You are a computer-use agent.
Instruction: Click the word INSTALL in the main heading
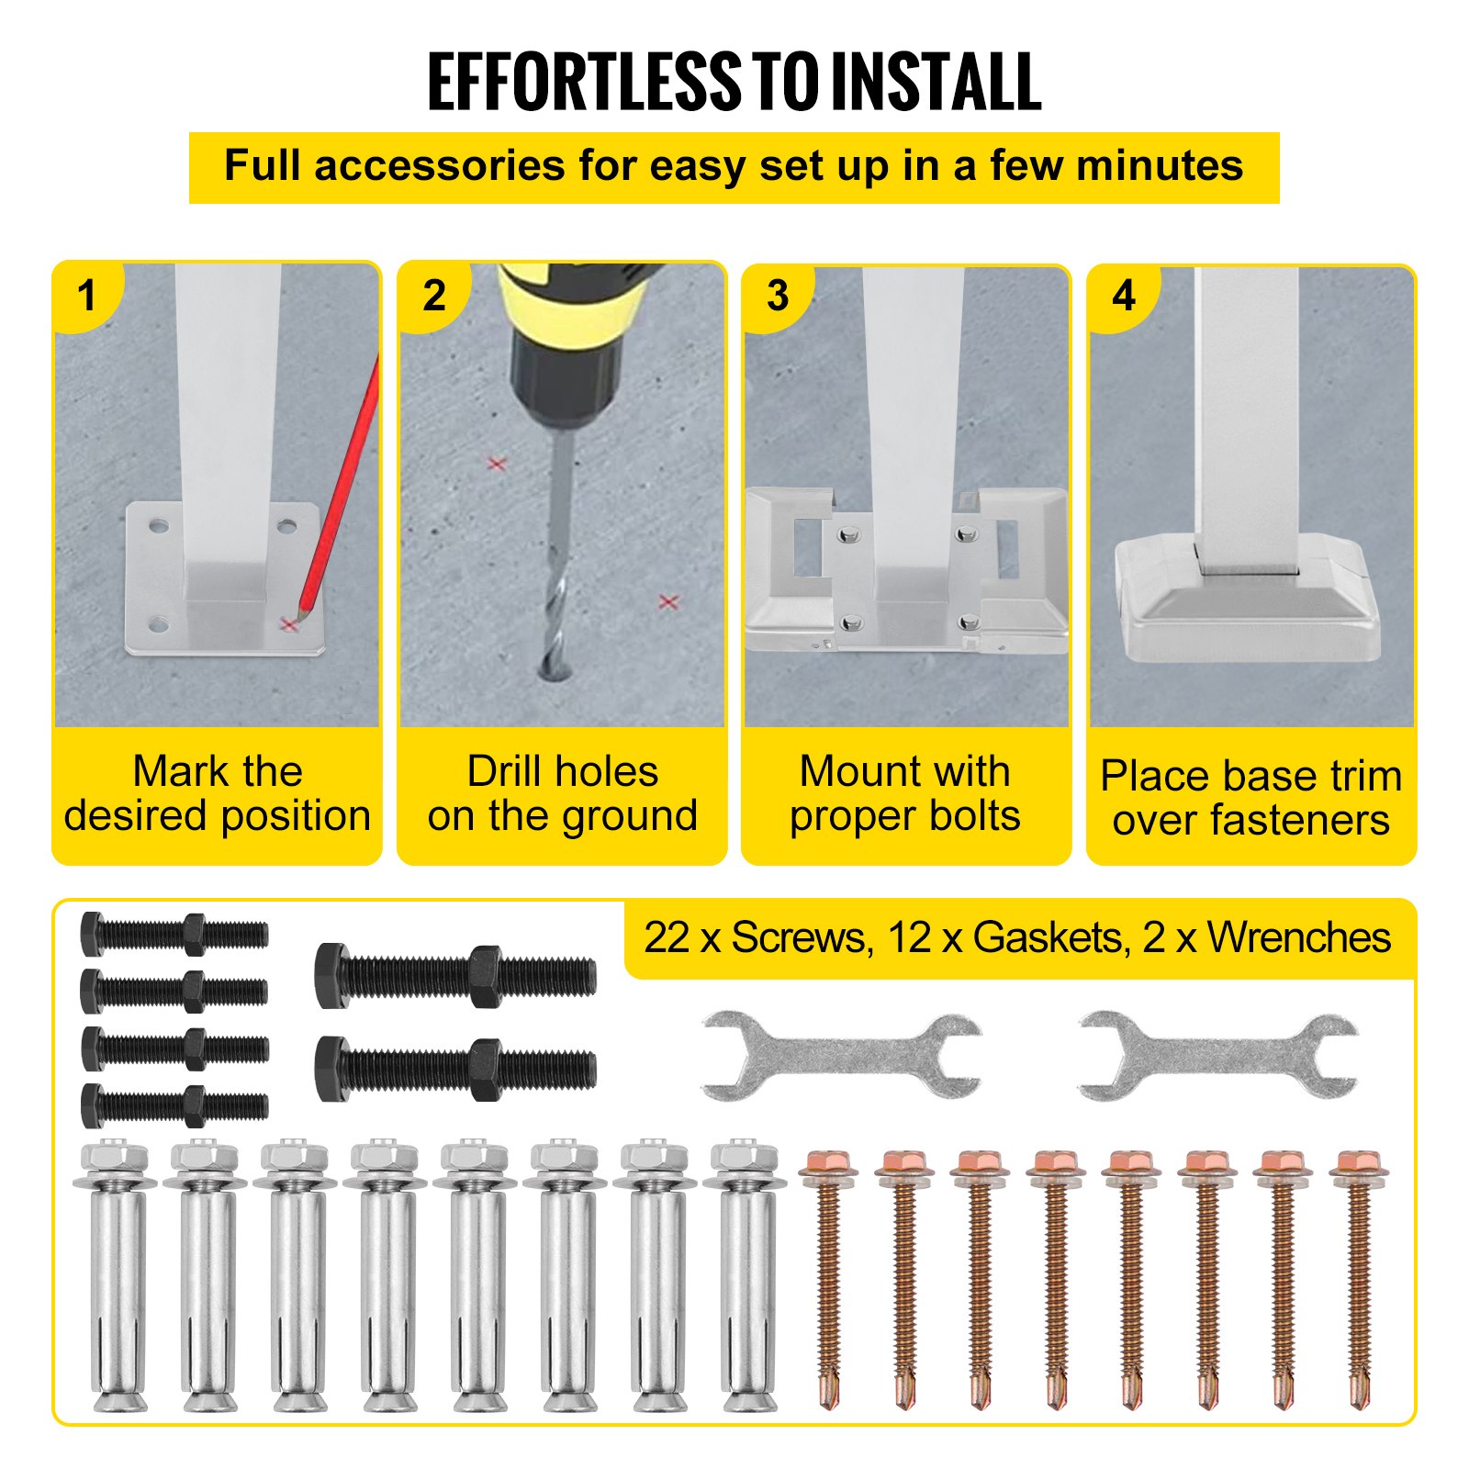(x=935, y=82)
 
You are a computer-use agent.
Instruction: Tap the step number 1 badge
(x=87, y=296)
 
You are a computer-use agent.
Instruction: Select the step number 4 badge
(x=1124, y=296)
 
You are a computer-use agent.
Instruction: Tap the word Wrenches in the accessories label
(x=1298, y=938)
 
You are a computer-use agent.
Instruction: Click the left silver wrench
(x=841, y=1057)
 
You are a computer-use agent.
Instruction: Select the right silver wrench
(x=1217, y=1057)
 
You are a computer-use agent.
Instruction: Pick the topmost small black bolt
(x=174, y=935)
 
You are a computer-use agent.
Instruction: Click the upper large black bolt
(x=455, y=976)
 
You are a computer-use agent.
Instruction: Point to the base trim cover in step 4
(x=1247, y=597)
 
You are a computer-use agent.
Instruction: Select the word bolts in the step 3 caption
(x=966, y=815)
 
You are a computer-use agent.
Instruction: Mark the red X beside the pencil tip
(x=289, y=624)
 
